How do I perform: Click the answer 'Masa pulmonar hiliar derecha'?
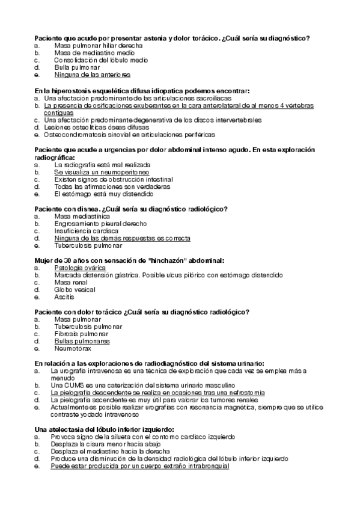(98, 46)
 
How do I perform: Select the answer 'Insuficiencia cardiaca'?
(86, 231)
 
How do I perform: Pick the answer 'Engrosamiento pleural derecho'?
(100, 224)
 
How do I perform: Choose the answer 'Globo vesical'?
(75, 290)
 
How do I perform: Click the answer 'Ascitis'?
(64, 297)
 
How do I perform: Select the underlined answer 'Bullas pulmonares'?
(82, 341)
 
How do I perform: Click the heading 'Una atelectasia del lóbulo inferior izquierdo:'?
(105, 429)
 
